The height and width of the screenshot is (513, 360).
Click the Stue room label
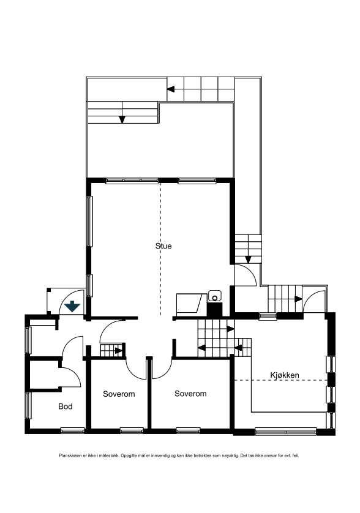163,247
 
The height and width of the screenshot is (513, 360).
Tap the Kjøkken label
285,375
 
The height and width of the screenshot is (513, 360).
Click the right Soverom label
190,394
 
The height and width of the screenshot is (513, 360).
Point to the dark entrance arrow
72,306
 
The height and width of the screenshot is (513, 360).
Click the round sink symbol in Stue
214,296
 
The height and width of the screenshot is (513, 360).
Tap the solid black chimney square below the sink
214,310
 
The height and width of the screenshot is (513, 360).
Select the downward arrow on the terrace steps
122,119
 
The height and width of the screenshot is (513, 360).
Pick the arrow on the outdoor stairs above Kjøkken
298,299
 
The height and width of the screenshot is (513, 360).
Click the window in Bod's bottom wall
72,430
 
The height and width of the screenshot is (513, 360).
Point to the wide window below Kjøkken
285,431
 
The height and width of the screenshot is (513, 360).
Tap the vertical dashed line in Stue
161,245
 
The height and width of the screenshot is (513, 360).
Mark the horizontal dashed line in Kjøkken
282,381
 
